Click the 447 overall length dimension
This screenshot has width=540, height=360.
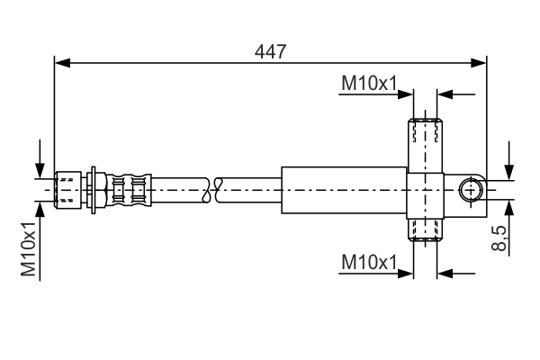point(270,51)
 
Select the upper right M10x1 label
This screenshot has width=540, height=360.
point(369,84)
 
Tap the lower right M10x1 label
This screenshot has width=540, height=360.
point(369,263)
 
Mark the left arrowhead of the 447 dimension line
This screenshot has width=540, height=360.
point(61,63)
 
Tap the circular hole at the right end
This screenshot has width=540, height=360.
point(471,190)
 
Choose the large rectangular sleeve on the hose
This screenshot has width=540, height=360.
point(344,190)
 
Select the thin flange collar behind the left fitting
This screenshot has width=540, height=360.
point(94,190)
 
